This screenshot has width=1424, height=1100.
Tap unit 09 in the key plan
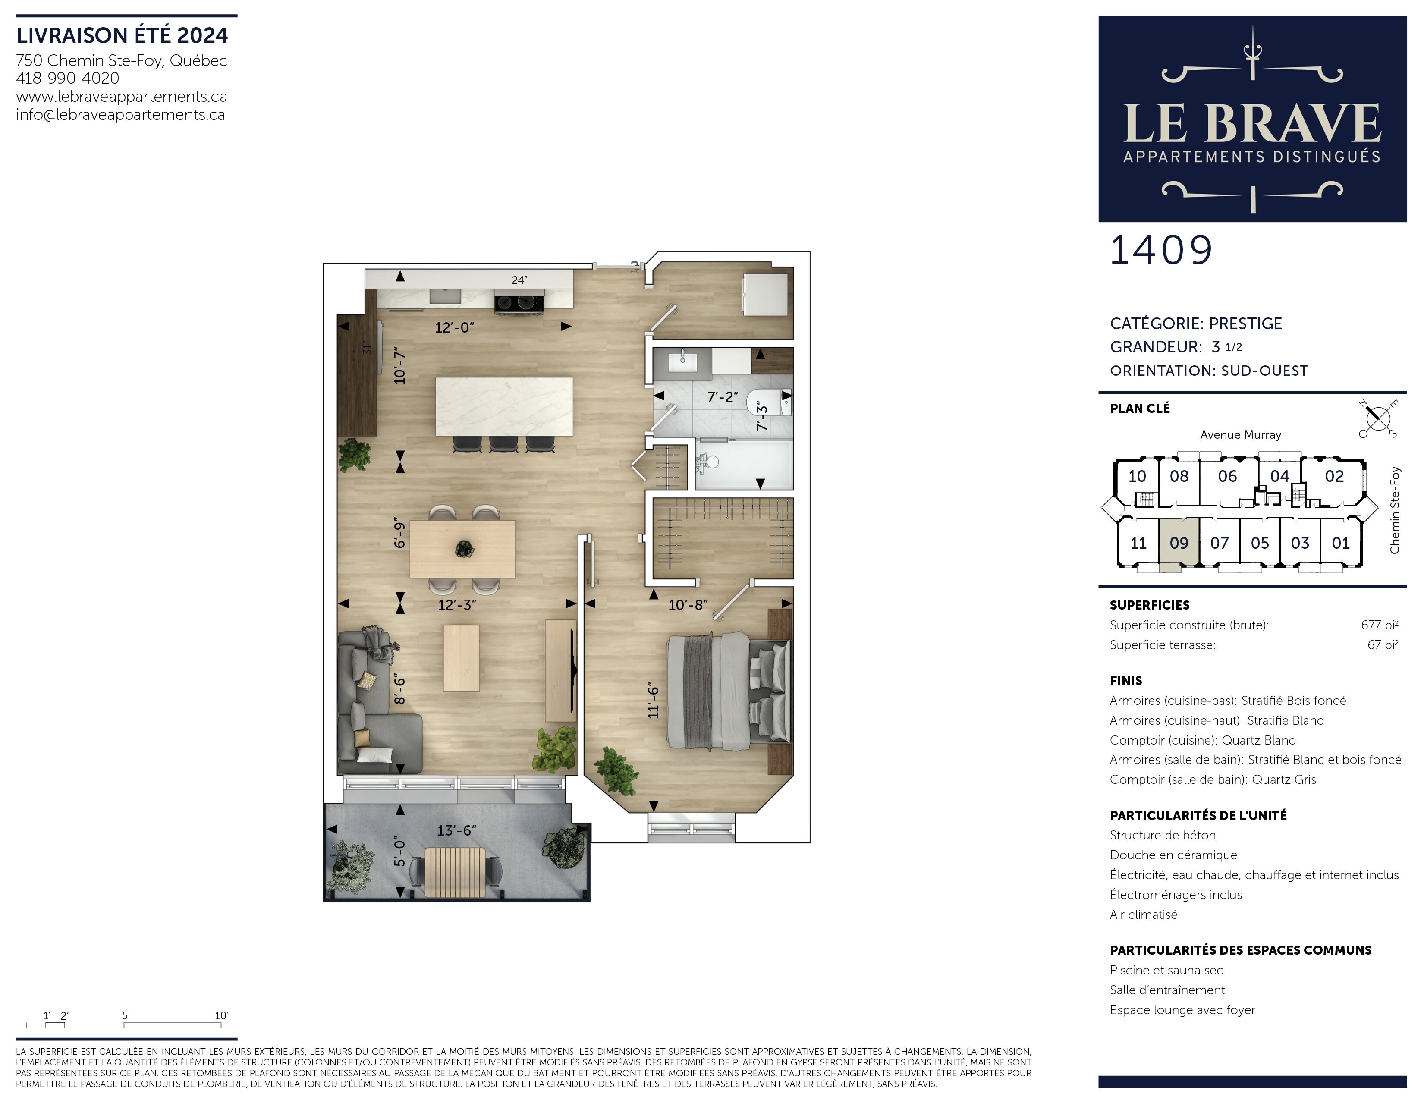(1179, 543)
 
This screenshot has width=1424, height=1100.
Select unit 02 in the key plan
(1334, 476)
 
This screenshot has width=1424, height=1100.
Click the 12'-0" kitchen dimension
(454, 327)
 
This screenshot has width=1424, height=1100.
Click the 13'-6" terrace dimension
(456, 830)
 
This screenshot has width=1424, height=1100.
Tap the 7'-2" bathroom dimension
(723, 396)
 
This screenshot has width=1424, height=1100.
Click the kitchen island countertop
(504, 406)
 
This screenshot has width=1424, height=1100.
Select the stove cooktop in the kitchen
(519, 303)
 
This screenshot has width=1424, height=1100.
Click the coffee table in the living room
(461, 658)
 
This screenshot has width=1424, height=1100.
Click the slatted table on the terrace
(455, 872)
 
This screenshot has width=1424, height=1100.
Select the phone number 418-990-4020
(68, 78)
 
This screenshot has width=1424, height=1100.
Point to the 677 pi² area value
(1379, 625)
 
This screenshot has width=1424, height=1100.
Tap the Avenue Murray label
(1240, 434)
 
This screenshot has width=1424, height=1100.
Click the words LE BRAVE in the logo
(1252, 123)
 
